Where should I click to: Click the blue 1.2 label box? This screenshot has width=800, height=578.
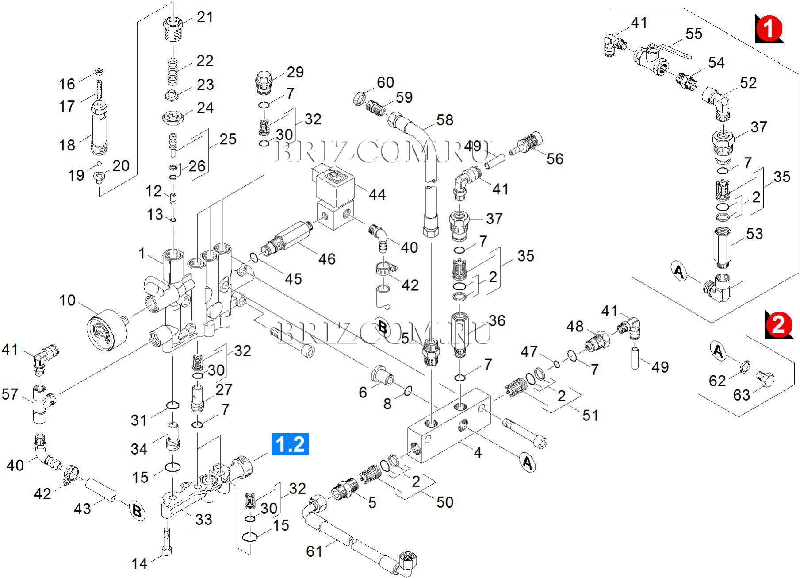pyautogui.click(x=290, y=444)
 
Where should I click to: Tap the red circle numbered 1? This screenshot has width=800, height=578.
pyautogui.click(x=769, y=29)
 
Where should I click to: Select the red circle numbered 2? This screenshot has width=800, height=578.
pyautogui.click(x=778, y=324)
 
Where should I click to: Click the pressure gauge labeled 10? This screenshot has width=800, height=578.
pyautogui.click(x=106, y=330)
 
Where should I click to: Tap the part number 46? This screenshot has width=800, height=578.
pyautogui.click(x=327, y=259)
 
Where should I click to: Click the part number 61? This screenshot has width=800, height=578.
pyautogui.click(x=314, y=551)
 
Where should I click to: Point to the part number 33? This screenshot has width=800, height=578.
pyautogui.click(x=204, y=519)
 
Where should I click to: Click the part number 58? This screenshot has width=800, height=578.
pyautogui.click(x=445, y=120)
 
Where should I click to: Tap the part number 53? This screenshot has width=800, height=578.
pyautogui.click(x=754, y=234)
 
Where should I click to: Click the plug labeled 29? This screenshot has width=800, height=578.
pyautogui.click(x=264, y=83)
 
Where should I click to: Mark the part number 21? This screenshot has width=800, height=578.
pyautogui.click(x=205, y=17)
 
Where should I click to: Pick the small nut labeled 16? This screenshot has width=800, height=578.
pyautogui.click(x=100, y=72)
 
